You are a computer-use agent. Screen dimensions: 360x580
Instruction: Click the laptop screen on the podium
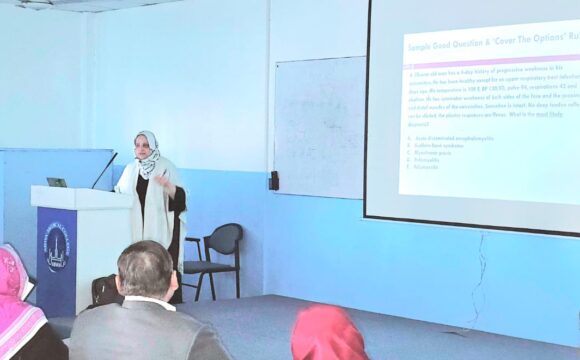pyautogui.click(x=57, y=183)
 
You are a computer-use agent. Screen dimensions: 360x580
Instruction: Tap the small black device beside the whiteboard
pyautogui.click(x=273, y=180)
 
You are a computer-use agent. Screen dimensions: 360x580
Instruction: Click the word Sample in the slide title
pyautogui.click(x=424, y=46)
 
